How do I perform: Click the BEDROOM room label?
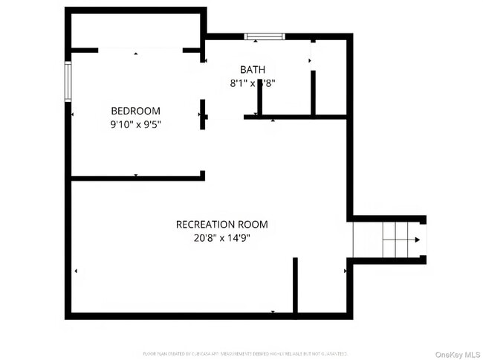135,111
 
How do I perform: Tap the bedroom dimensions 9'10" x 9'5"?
135,125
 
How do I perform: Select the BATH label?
253,70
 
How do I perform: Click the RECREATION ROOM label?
221,224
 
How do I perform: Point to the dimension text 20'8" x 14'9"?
221,239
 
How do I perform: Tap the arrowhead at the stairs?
418,240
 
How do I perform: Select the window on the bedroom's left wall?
68,80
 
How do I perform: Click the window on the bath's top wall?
265,36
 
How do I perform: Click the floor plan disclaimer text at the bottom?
244,353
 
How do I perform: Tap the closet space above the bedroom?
135,30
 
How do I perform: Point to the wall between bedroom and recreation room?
137,178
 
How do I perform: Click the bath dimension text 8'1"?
240,84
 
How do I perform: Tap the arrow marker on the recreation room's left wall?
75,271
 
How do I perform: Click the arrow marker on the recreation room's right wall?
345,271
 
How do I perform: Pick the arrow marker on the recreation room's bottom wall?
273,312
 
